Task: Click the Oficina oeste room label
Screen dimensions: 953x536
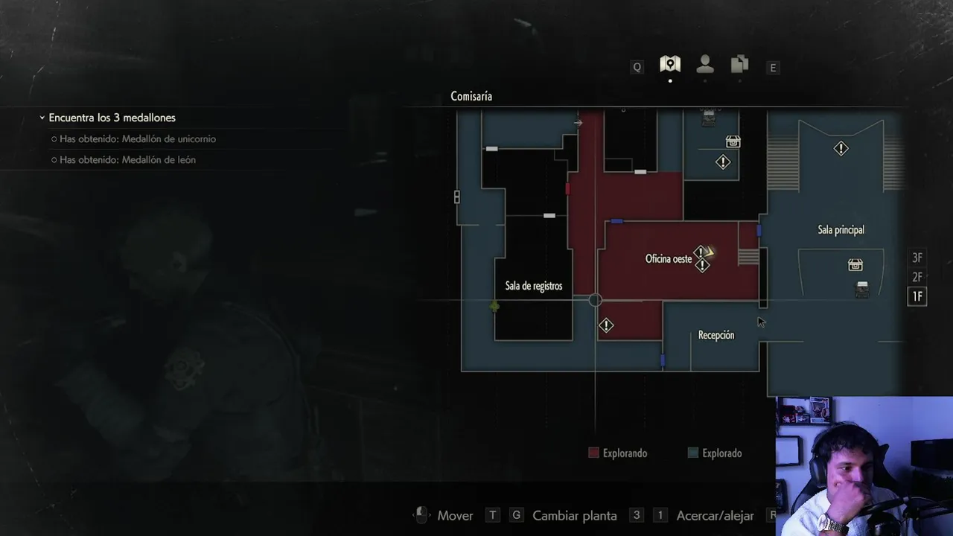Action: [669, 258]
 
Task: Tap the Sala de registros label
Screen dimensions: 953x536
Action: [534, 286]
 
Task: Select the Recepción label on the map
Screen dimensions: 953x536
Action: [716, 335]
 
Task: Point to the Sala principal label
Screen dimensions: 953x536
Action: [841, 230]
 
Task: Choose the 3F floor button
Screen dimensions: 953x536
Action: [917, 258]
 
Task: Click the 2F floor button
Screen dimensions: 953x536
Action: [917, 278]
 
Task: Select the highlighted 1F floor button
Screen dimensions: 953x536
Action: [917, 296]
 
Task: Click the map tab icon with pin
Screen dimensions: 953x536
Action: [670, 64]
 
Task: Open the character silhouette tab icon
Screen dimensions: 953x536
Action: [705, 64]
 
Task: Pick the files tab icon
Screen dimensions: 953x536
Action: [740, 64]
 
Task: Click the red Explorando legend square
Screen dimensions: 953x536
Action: [593, 453]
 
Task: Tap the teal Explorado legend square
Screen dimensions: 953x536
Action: [693, 453]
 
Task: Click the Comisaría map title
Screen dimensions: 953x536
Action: [471, 97]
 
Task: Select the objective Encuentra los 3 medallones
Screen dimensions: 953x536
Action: [112, 118]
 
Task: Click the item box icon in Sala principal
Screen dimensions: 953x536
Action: [855, 264]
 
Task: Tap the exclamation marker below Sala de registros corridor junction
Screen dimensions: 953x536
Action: [606, 326]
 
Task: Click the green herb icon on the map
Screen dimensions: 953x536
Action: [494, 306]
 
